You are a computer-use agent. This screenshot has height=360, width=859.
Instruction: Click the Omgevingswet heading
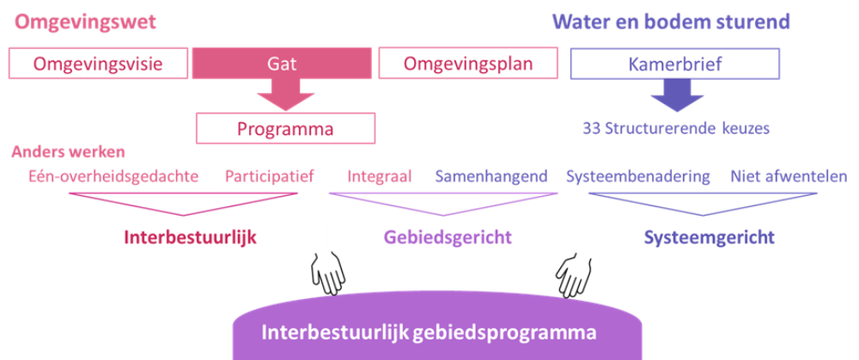85,22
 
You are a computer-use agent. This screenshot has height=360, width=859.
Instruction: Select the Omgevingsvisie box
99,63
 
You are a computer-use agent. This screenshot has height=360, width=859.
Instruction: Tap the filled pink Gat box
282,63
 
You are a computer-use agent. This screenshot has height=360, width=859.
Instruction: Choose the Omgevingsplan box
468,63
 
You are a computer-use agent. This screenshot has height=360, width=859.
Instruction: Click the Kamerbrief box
675,63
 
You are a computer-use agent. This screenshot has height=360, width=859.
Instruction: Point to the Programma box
285,128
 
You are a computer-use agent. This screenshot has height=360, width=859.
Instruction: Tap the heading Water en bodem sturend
671,22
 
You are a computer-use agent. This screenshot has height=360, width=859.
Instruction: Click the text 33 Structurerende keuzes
676,129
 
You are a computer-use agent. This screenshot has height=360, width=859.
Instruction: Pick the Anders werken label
69,152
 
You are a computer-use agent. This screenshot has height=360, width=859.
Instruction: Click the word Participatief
269,177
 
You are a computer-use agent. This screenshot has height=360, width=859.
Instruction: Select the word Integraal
380,176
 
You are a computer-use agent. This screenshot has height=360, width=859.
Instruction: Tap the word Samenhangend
491,176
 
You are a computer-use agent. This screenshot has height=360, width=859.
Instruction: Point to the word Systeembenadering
638,176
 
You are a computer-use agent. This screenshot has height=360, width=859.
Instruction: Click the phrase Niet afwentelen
789,176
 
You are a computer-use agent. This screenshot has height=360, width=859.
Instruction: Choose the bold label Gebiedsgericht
448,237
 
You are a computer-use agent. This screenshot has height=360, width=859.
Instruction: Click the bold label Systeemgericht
709,237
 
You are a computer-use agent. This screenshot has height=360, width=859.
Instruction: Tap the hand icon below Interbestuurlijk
328,274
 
